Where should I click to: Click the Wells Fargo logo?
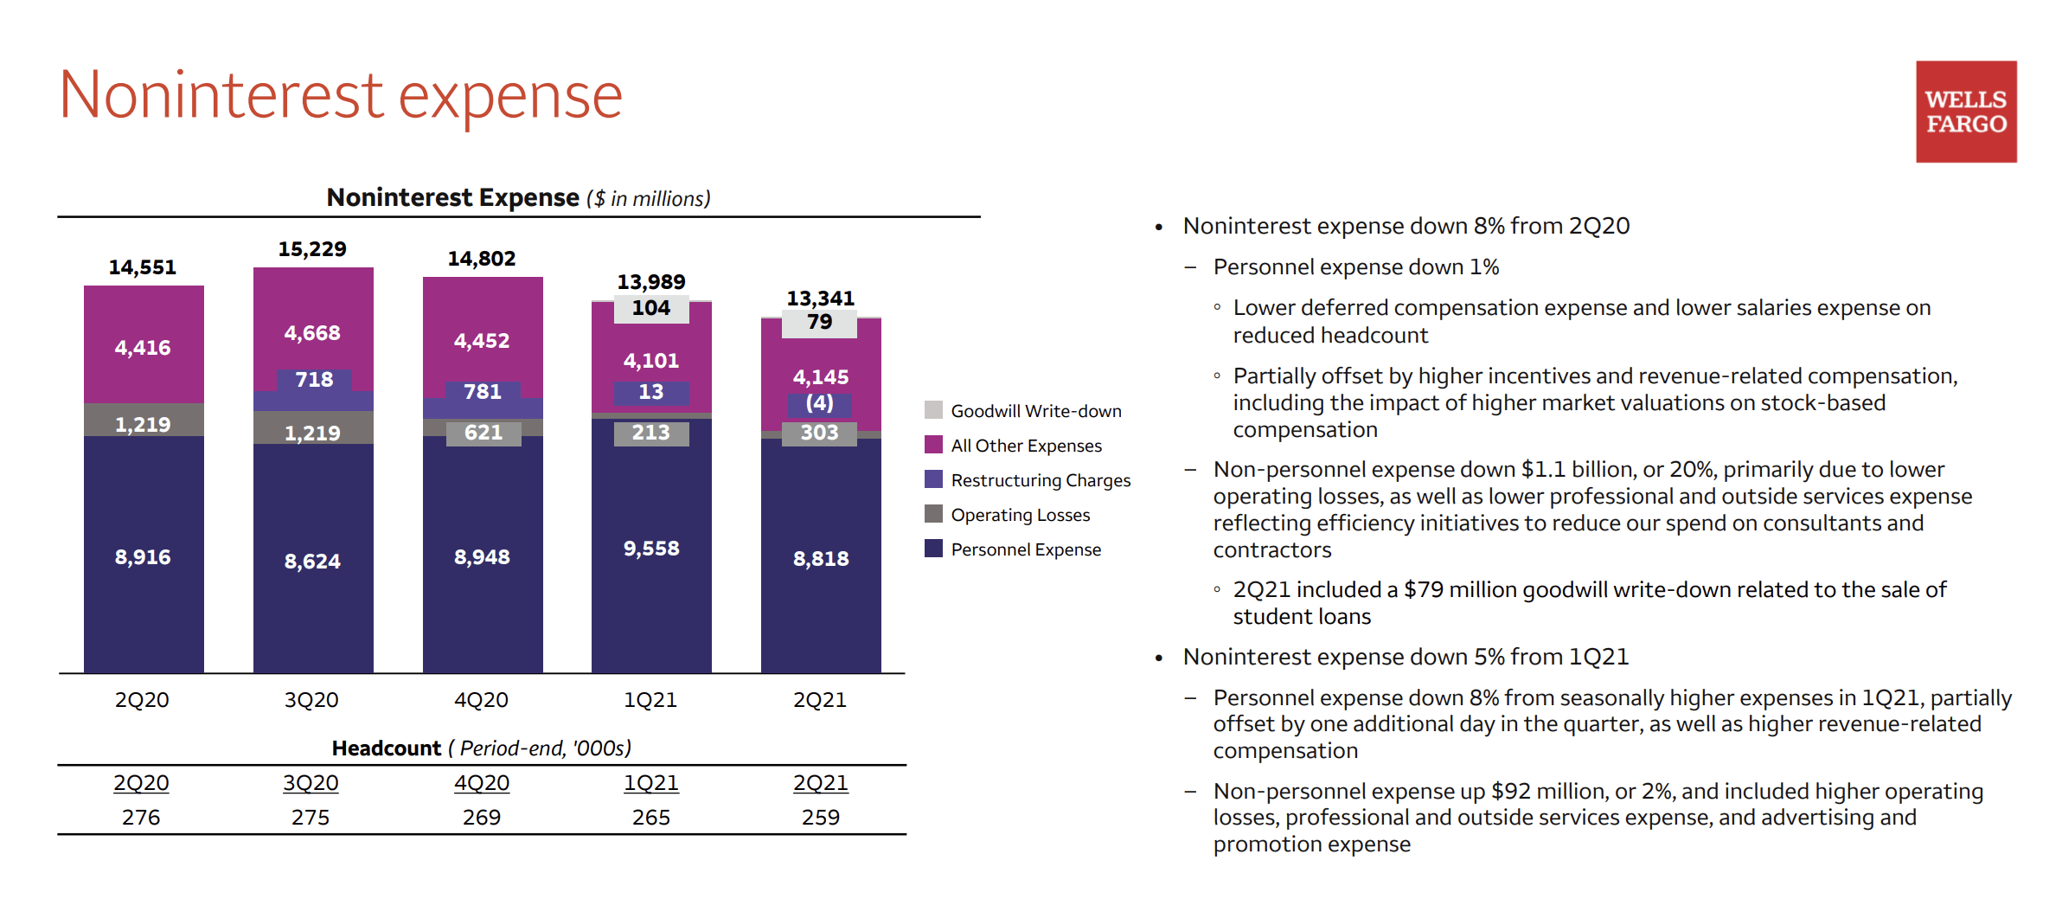click(x=1965, y=112)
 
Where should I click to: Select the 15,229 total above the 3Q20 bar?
click(x=311, y=249)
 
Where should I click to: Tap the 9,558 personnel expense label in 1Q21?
click(x=650, y=549)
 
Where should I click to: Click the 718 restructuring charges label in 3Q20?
click(x=313, y=380)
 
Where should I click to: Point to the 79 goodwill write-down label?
click(x=819, y=322)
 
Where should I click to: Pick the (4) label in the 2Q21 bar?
click(x=819, y=403)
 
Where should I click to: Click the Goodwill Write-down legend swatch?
click(x=933, y=410)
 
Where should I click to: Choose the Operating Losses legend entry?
click(x=1020, y=515)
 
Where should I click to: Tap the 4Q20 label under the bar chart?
click(x=481, y=700)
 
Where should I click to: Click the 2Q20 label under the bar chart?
click(x=142, y=700)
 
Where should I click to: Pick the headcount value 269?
click(x=481, y=818)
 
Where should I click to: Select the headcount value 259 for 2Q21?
click(x=820, y=818)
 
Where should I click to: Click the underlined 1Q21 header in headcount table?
click(x=650, y=783)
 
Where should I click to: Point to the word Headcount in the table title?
click(x=386, y=748)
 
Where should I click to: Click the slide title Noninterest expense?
click(x=341, y=95)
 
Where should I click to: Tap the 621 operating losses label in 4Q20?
click(x=483, y=433)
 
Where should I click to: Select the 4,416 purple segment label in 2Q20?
click(x=143, y=348)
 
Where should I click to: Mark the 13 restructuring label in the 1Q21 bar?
click(x=650, y=392)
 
